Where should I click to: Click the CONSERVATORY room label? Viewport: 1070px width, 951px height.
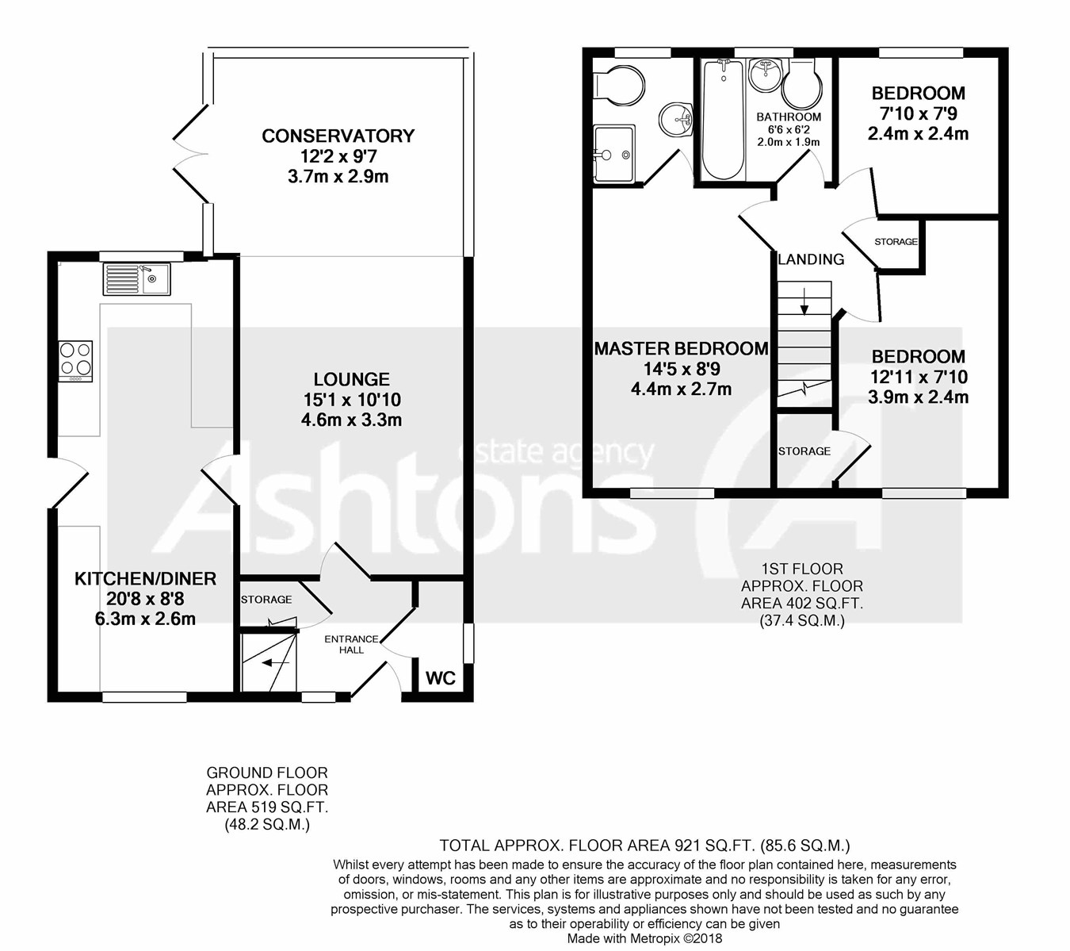(338, 136)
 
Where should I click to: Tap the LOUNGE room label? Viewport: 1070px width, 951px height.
(351, 380)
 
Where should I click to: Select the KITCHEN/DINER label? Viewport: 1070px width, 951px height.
(145, 579)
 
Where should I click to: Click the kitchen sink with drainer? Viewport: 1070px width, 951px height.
(136, 278)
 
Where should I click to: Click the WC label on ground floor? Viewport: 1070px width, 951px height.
(441, 678)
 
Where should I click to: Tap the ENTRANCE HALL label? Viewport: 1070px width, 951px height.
(351, 644)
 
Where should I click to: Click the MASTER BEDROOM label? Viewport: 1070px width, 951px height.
(681, 348)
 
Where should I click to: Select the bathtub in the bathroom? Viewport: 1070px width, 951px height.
(722, 120)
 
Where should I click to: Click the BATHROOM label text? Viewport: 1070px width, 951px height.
(788, 117)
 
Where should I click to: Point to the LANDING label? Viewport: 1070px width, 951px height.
(811, 259)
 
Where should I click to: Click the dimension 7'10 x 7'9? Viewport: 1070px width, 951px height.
(918, 113)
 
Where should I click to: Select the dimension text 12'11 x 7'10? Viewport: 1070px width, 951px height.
(918, 377)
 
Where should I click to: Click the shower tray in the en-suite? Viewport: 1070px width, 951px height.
(613, 154)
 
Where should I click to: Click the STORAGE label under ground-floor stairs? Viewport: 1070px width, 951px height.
(266, 600)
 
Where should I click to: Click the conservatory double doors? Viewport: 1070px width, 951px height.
(189, 149)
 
